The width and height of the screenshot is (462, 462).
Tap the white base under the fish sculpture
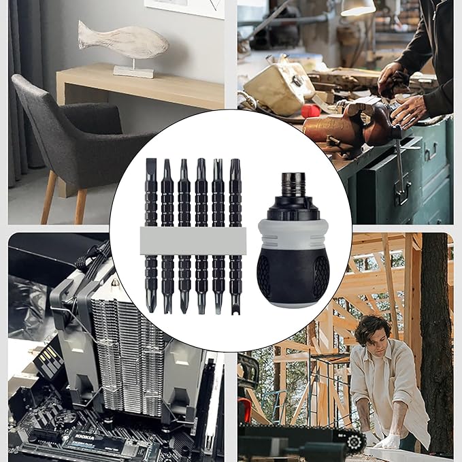133,71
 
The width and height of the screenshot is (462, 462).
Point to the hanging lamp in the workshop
358,7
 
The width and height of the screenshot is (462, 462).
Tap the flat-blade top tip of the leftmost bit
150,170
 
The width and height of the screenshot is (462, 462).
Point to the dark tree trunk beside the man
435,340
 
